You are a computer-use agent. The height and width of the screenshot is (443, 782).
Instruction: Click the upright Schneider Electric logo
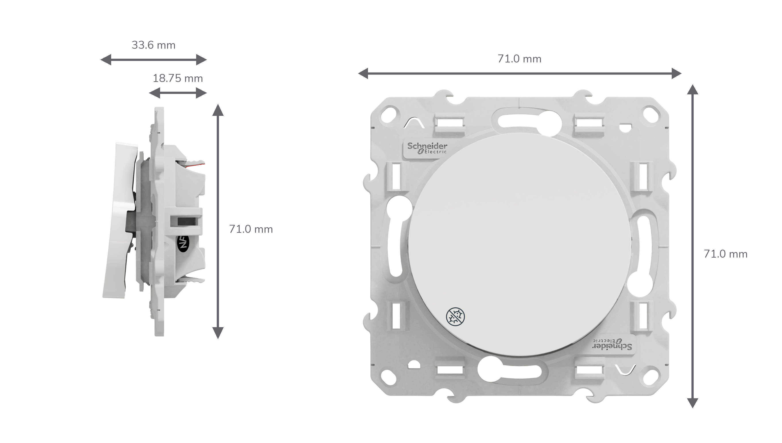click(427, 148)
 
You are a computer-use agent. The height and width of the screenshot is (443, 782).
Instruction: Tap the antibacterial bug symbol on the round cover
click(455, 317)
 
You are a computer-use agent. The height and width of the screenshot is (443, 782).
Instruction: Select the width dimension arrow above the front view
click(520, 73)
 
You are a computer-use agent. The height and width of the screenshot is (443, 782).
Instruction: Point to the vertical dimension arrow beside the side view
click(218, 221)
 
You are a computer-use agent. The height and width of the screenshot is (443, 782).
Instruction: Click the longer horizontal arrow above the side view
click(153, 60)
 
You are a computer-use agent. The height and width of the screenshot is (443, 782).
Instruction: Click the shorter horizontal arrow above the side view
click(178, 93)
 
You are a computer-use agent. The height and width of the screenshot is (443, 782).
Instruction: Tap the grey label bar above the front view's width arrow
click(519, 58)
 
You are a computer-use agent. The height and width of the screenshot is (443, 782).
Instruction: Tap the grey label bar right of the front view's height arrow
click(726, 253)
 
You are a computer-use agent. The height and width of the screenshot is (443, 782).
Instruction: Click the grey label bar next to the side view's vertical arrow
click(251, 229)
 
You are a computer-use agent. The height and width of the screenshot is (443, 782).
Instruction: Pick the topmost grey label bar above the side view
click(153, 45)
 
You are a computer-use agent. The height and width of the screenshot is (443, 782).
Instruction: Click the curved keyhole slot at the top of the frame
click(529, 121)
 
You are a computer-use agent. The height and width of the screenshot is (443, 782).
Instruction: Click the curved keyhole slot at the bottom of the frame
click(509, 370)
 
